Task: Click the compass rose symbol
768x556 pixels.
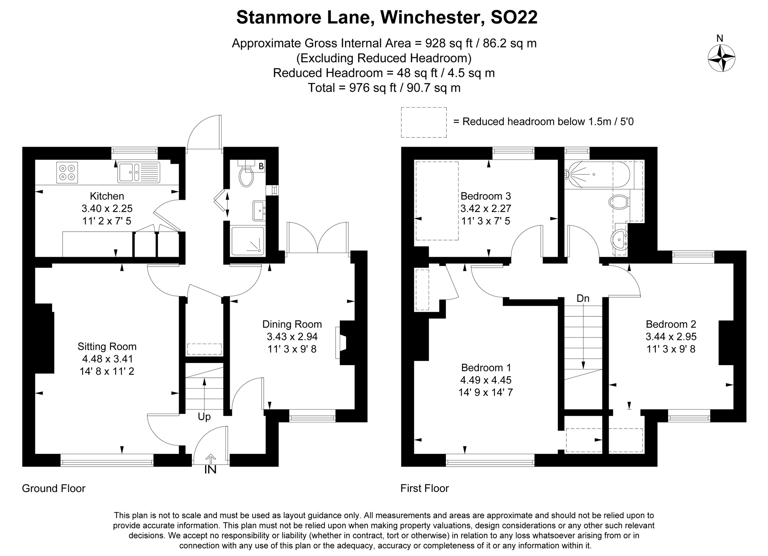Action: point(722,58)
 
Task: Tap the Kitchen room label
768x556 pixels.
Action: point(107,196)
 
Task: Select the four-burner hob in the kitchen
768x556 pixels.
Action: point(67,172)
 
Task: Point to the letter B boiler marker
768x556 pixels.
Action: point(261,167)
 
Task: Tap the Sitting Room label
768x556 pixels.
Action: point(107,347)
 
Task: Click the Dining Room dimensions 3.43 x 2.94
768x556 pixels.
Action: point(292,337)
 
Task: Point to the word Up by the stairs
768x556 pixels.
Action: point(204,417)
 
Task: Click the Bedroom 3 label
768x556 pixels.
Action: point(485,196)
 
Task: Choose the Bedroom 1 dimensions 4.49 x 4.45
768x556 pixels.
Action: point(486,380)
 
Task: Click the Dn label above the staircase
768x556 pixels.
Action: point(583,298)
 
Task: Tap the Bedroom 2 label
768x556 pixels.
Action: point(670,324)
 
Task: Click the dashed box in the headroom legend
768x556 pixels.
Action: point(424,122)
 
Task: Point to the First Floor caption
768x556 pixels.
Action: point(424,488)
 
